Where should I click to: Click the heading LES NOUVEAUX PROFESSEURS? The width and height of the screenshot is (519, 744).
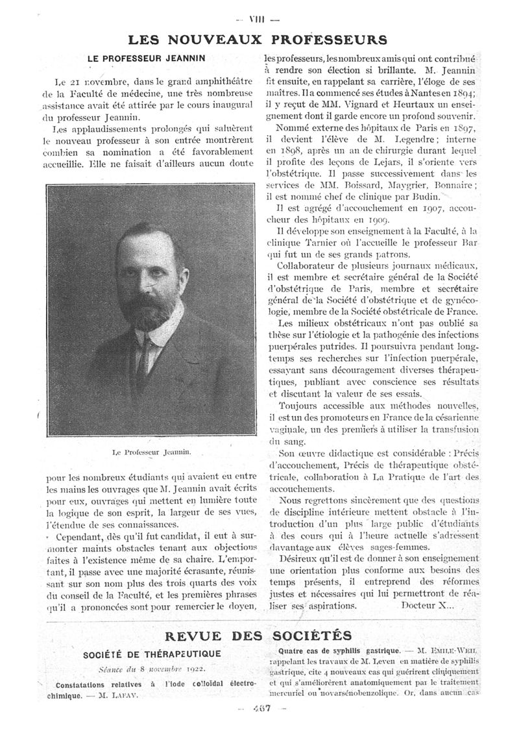[x=259, y=40]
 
